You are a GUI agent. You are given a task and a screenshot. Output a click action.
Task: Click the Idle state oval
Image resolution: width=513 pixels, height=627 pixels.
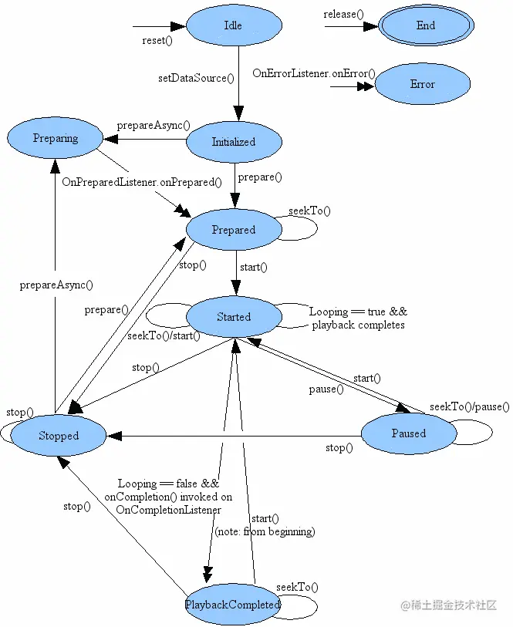(x=233, y=25)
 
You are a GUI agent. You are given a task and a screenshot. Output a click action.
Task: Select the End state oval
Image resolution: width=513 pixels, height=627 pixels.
(x=426, y=25)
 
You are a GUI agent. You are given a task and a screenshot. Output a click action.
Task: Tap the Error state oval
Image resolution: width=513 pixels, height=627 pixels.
(x=422, y=84)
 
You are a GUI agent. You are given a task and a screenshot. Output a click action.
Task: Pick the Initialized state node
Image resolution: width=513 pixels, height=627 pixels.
(x=233, y=142)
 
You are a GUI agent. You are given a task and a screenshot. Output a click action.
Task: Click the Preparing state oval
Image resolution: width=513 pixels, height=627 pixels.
(x=56, y=138)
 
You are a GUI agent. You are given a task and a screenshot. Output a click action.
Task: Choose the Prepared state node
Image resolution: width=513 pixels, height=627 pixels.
(x=233, y=230)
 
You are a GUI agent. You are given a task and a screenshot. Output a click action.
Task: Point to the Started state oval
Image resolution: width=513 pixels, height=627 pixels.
(x=233, y=317)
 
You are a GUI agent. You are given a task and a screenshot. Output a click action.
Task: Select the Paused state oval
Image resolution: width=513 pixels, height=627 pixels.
(x=408, y=433)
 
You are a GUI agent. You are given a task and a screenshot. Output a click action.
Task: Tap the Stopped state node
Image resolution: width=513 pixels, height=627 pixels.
(x=59, y=436)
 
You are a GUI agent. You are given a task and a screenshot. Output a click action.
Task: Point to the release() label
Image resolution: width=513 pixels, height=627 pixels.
(x=344, y=15)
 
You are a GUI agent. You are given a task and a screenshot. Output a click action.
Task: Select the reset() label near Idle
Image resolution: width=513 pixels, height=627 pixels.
(x=157, y=41)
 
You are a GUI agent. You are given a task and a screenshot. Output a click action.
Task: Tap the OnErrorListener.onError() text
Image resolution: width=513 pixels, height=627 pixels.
(x=314, y=73)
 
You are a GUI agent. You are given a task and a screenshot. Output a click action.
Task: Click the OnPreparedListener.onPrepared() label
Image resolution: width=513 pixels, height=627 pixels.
(x=142, y=183)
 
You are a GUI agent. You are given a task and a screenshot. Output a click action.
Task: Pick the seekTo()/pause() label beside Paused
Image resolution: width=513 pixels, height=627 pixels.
(x=470, y=406)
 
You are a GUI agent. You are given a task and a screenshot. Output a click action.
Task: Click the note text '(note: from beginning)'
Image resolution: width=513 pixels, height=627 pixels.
(x=265, y=531)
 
